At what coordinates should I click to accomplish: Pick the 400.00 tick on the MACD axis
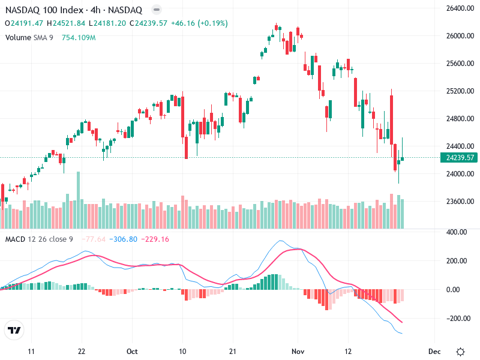click(x=456, y=232)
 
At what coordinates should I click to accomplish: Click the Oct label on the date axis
click(x=133, y=351)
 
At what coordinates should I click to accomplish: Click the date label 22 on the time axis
click(x=82, y=351)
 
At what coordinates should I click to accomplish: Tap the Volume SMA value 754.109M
click(x=79, y=37)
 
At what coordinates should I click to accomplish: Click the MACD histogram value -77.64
click(x=96, y=239)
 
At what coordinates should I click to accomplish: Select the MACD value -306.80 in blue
click(x=124, y=239)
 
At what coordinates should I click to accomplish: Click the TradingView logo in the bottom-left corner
click(x=14, y=330)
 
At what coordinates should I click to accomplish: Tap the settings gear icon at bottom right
click(x=461, y=351)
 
